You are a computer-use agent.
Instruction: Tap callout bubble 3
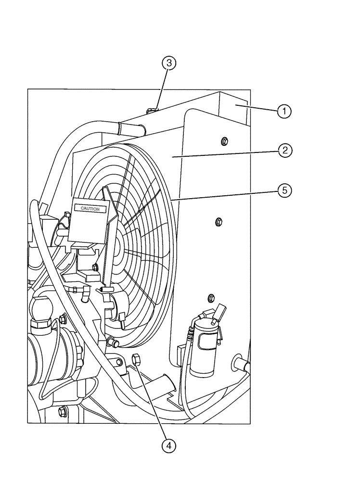click(x=168, y=63)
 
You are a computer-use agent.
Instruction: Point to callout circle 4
click(x=168, y=446)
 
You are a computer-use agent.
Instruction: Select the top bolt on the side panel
click(x=224, y=140)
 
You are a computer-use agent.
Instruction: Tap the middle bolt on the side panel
click(x=218, y=222)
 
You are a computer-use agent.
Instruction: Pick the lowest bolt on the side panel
click(x=210, y=296)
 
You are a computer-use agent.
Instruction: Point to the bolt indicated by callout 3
click(x=152, y=112)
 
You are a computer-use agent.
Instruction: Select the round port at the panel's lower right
click(x=238, y=362)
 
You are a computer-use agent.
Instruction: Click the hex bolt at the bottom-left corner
click(x=62, y=411)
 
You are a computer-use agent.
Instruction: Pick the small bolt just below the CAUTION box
click(x=95, y=266)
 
